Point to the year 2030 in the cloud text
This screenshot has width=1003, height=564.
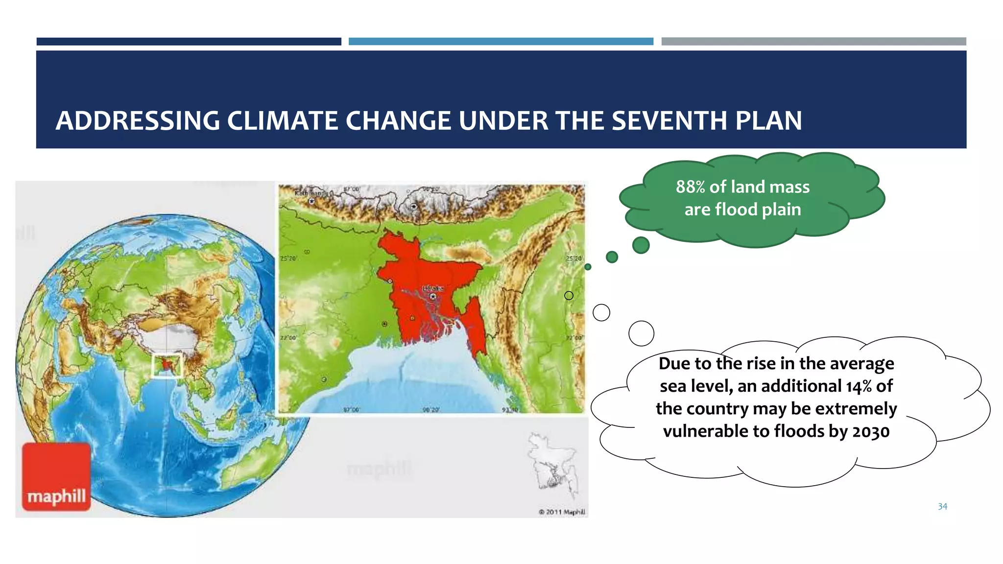(871, 431)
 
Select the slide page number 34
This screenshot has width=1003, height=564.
(942, 507)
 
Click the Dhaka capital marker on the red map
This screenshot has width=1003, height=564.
(432, 296)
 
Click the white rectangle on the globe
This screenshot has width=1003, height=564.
(167, 366)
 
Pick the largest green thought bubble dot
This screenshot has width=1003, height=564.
(641, 245)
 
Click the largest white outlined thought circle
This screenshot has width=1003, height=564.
(641, 333)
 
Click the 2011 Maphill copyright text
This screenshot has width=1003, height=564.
(562, 512)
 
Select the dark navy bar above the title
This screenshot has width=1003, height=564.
(189, 42)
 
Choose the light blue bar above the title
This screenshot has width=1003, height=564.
(501, 42)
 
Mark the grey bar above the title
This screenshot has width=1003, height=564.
(813, 42)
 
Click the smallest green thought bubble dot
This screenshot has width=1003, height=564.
(588, 267)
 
